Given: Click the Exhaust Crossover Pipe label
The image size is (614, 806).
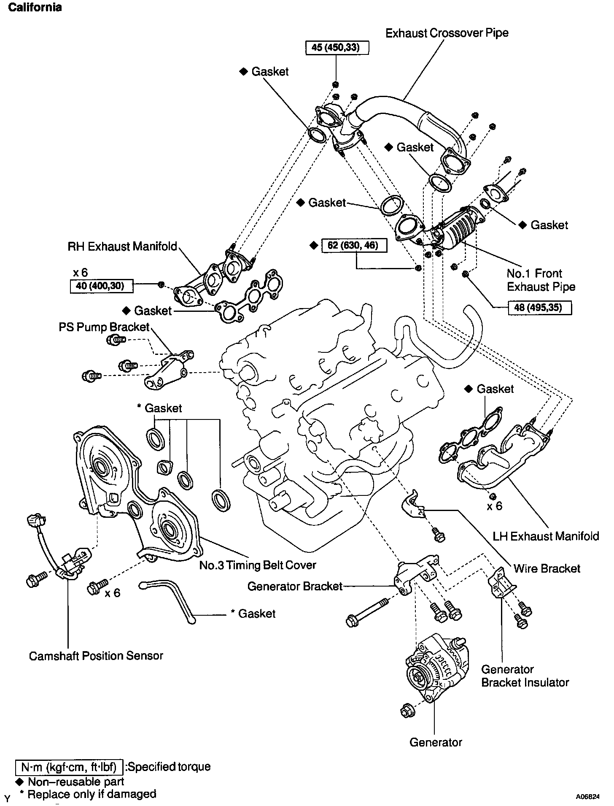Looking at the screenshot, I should tap(447, 33).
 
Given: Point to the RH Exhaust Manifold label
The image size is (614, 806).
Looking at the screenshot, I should tap(122, 246).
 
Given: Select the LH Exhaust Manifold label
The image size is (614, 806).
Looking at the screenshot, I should tap(546, 536).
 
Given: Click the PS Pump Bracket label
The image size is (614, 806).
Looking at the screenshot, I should tap(104, 327).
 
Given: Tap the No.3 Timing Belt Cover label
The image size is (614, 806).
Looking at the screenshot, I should tap(258, 565).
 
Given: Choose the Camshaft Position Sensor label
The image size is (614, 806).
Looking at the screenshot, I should tap(96, 656).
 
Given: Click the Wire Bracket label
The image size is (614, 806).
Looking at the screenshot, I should tap(547, 568).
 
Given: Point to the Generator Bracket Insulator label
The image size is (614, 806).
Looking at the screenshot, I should tap(525, 676).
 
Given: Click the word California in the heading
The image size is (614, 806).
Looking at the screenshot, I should tap(35, 7).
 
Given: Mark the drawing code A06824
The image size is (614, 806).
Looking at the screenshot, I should tap(587, 797).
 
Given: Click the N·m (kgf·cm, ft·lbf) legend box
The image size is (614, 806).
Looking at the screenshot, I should tap(69, 767).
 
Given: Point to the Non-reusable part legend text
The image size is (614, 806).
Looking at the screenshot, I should tap(76, 782).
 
